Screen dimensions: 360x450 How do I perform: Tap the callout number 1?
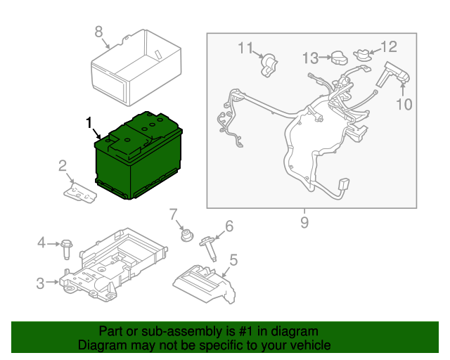pyautogui.click(x=89, y=123)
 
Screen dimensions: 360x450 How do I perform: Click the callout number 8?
pyautogui.click(x=98, y=31)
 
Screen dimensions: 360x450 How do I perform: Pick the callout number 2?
pyautogui.click(x=63, y=166)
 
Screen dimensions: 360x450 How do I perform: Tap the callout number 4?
pyautogui.click(x=41, y=243)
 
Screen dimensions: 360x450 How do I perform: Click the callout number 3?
pyautogui.click(x=40, y=283)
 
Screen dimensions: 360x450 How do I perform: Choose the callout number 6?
pyautogui.click(x=228, y=226)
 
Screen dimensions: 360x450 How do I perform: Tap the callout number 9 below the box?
pyautogui.click(x=304, y=224)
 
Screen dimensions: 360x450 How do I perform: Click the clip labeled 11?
pyautogui.click(x=268, y=65)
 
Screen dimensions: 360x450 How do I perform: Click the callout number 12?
pyautogui.click(x=388, y=46)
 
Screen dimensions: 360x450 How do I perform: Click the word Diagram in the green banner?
pyautogui.click(x=101, y=345)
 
